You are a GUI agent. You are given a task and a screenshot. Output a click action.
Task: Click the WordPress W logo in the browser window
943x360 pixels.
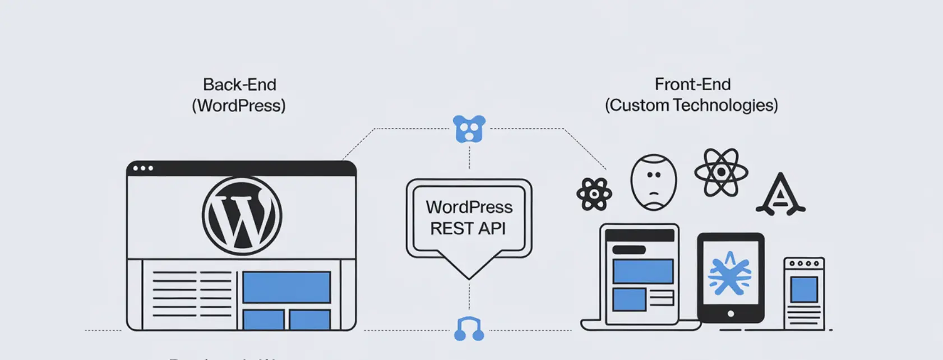coord(242,216)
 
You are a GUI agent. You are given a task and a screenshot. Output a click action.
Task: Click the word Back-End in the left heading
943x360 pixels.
coord(239,85)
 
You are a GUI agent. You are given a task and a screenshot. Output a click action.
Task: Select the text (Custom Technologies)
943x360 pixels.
coord(691,105)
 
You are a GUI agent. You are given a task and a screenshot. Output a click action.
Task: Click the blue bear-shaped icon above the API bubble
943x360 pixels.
coord(469,129)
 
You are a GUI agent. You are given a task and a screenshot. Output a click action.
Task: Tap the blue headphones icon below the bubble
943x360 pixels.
coord(469,329)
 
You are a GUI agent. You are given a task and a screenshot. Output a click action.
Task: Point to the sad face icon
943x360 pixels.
coord(654,182)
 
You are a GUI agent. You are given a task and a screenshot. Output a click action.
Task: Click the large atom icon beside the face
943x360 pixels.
coord(721,172)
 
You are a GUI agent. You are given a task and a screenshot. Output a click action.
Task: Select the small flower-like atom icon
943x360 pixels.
coord(594,194)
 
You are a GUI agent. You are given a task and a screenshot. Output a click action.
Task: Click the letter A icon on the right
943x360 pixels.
coord(780,195)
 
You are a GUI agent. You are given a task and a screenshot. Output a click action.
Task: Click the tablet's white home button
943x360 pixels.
coord(731,314)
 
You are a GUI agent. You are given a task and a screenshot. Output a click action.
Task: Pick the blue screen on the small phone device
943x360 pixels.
coord(804,289)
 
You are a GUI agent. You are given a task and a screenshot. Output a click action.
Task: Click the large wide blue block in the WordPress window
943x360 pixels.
coord(286,287)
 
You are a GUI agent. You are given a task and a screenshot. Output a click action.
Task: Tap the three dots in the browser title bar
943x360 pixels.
coord(143,168)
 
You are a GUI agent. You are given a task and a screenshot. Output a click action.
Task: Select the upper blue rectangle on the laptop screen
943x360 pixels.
coord(642,271)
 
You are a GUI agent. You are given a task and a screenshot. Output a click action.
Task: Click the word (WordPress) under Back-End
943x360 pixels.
coord(239,106)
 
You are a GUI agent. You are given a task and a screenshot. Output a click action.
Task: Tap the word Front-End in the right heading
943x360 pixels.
coord(692,85)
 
